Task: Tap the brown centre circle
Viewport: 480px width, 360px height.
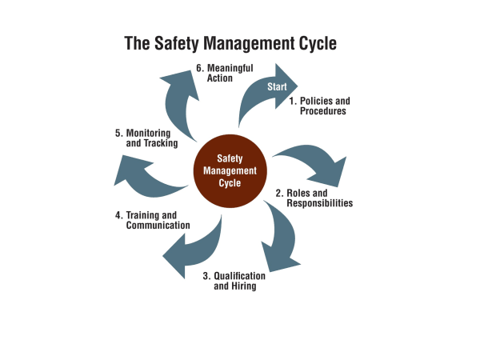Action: coord(230,170)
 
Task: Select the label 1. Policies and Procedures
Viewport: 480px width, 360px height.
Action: coord(319,106)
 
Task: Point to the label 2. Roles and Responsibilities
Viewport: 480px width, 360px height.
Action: coord(314,198)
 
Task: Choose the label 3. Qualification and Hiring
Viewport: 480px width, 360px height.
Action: coord(234,281)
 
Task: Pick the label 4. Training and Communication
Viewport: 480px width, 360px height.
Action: coord(152,220)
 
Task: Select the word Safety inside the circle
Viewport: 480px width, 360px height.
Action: coord(230,158)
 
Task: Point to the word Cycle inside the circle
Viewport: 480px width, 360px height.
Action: coord(230,183)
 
